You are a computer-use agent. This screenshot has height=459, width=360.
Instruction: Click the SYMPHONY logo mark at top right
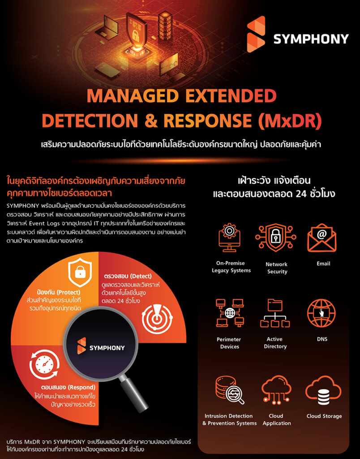pos(256,34)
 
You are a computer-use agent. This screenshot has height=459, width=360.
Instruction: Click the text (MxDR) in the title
pos(290,121)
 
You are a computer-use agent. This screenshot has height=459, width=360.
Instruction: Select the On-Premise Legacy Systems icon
pos(230,238)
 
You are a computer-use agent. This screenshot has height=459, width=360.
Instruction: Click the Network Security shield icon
pos(275,238)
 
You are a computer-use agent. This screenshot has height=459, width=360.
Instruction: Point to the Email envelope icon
pos(321,238)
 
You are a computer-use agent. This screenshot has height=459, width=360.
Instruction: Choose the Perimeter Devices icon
pos(230,313)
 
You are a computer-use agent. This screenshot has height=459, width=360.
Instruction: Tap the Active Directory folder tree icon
pos(275,313)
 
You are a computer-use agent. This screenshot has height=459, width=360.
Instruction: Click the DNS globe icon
pos(321,313)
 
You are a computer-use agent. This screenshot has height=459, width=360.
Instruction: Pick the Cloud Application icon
pos(276,390)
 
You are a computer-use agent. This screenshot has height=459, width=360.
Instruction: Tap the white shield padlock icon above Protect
pos(80,272)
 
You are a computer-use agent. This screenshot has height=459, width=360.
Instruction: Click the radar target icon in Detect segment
pos(157,318)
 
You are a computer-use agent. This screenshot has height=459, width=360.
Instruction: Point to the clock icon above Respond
pos(44,364)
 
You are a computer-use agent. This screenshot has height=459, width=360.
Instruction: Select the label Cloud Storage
pos(324,416)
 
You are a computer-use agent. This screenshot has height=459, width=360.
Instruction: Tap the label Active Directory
pos(275,343)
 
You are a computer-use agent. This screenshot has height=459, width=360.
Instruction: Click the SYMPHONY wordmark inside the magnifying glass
pos(107,348)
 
